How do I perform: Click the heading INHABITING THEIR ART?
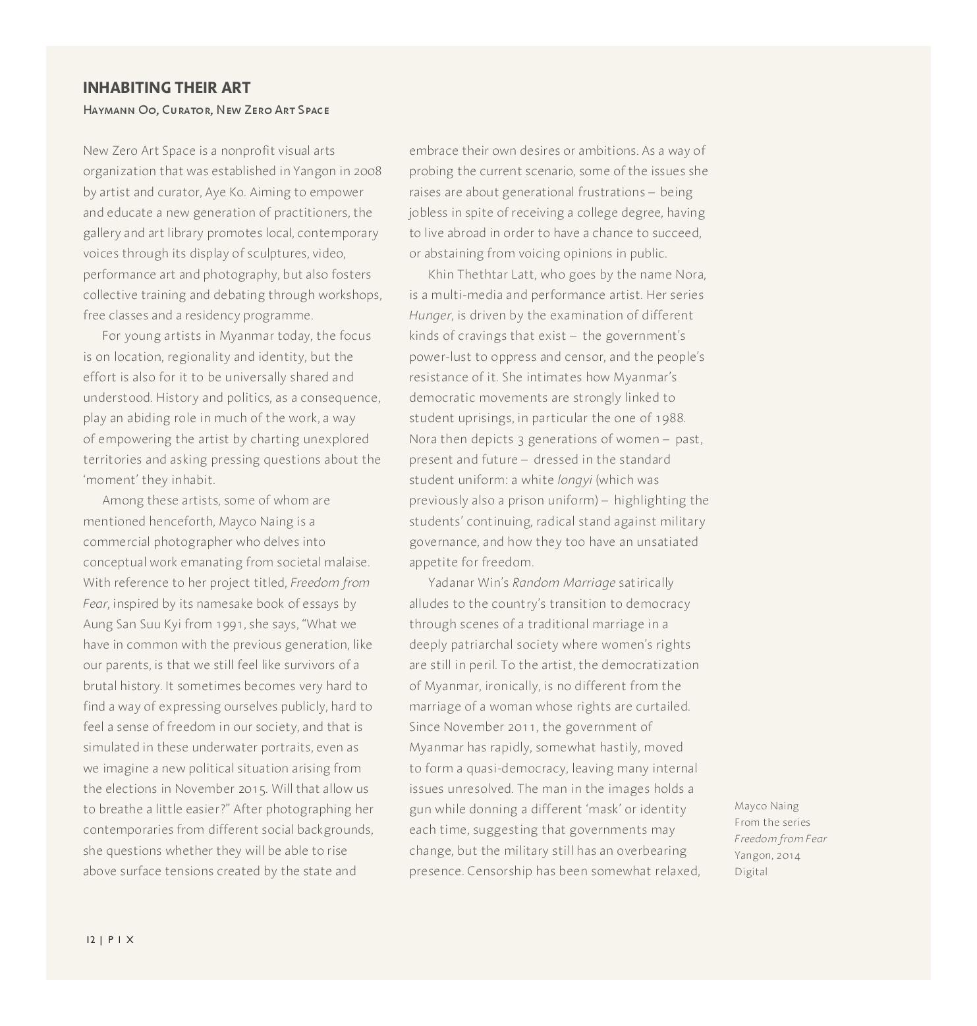click(167, 88)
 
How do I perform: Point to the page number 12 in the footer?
click(90, 940)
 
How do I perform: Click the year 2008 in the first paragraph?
click(368, 171)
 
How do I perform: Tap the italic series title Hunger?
click(430, 315)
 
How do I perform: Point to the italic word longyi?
click(574, 480)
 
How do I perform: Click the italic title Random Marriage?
click(563, 583)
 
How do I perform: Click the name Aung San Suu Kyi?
click(132, 624)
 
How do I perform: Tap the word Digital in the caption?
click(751, 872)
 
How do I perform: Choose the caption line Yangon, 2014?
click(768, 855)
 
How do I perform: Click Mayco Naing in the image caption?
click(766, 806)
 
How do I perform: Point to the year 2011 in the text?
click(524, 727)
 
